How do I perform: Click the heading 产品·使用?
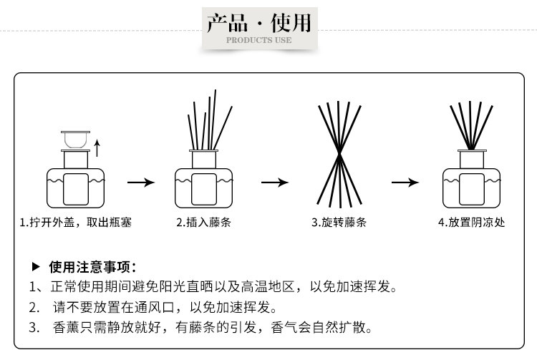pyautogui.click(x=259, y=23)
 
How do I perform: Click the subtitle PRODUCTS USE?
pyautogui.click(x=259, y=40)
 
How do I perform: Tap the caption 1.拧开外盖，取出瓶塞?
pyautogui.click(x=76, y=223)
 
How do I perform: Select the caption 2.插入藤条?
pyautogui.click(x=204, y=223)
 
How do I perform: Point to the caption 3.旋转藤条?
pyautogui.click(x=339, y=223)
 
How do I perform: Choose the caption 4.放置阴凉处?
pyautogui.click(x=471, y=223)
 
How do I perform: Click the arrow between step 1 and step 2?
pyautogui.click(x=141, y=183)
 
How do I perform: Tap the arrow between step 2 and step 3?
pyautogui.click(x=275, y=183)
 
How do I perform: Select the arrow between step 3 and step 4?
pyautogui.click(x=405, y=183)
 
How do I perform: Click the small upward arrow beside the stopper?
pyautogui.click(x=97, y=148)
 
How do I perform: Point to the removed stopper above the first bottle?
pyautogui.click(x=75, y=140)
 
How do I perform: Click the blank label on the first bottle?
pyautogui.click(x=76, y=189)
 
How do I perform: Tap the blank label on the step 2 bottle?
pyautogui.click(x=204, y=189)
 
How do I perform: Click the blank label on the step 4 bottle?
pyautogui.click(x=472, y=189)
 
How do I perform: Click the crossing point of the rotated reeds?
pyautogui.click(x=339, y=155)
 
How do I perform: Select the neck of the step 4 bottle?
pyautogui.click(x=472, y=160)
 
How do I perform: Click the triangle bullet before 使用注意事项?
pyautogui.click(x=36, y=266)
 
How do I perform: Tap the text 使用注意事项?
pyautogui.click(x=89, y=267)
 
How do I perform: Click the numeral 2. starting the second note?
pyautogui.click(x=34, y=307)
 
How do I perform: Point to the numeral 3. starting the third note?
pyautogui.click(x=34, y=328)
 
